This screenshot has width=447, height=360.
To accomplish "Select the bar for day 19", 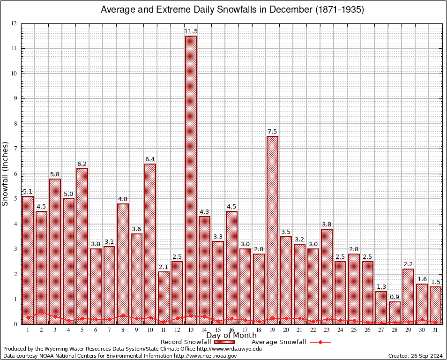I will click(272, 230).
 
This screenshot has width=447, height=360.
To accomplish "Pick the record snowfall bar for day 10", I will click(150, 244).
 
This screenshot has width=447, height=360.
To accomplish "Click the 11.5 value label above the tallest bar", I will click(191, 31).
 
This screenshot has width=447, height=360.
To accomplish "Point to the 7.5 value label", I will click(272, 132).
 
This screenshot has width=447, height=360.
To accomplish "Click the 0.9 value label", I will click(395, 297).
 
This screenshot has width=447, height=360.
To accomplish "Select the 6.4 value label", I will click(150, 159).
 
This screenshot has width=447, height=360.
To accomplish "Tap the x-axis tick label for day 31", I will click(436, 330).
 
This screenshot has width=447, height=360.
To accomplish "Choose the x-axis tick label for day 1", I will click(28, 330).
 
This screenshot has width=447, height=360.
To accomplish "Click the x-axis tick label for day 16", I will click(231, 330).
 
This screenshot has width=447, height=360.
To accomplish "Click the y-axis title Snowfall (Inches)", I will click(5, 173).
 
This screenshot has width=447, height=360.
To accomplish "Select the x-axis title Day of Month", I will click(231, 336).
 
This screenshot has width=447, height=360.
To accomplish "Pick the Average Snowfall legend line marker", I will click(320, 342).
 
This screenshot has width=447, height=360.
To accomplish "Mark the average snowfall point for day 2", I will click(41, 312).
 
